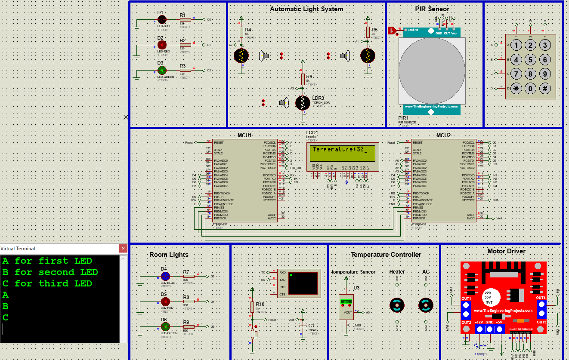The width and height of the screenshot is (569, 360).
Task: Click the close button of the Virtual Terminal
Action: tap(123, 249)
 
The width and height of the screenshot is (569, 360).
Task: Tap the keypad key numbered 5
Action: tap(531, 60)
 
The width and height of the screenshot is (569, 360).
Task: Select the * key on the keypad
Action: tap(516, 89)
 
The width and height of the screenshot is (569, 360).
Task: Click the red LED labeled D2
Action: tap(162, 45)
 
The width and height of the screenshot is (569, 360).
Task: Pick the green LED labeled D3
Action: tap(162, 70)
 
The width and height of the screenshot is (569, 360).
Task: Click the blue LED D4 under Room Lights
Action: tap(165, 277)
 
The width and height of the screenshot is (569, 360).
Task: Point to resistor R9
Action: tap(189, 327)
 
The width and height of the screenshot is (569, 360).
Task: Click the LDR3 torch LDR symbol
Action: tap(303, 103)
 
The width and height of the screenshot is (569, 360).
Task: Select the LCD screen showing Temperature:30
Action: tap(342, 153)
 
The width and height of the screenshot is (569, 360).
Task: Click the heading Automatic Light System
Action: tap(306, 9)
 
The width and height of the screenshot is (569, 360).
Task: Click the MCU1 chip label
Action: tap(244, 135)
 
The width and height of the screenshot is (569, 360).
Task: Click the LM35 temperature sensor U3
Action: tap(346, 306)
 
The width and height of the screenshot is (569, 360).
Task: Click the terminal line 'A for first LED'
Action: tap(47, 261)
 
